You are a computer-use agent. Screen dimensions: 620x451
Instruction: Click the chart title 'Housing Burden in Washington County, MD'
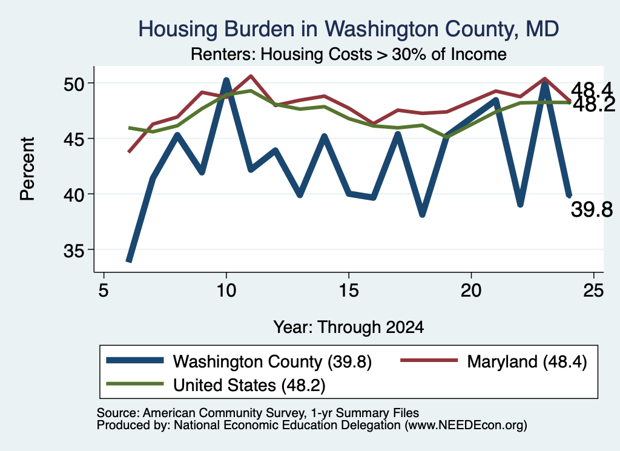pos(348,29)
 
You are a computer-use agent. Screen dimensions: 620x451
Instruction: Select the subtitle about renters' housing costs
pos(348,54)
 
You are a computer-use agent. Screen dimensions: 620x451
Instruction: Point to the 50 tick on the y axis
pos(74,84)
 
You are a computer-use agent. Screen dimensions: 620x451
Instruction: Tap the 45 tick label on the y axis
pos(74,139)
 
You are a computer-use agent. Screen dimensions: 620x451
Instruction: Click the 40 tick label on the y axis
pos(74,195)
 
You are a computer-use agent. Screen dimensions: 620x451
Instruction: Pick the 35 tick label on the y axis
pos(74,251)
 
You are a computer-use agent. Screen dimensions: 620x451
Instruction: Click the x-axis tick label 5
pos(104,291)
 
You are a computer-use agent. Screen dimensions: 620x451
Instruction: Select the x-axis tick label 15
pos(349,291)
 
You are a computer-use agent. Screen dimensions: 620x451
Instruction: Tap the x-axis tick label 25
pos(593,291)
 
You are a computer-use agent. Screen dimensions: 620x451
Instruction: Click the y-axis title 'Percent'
pos(27,169)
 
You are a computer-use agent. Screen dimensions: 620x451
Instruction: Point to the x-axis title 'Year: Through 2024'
pos(348,328)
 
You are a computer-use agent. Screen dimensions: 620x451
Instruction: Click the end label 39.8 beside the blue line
pos(592,209)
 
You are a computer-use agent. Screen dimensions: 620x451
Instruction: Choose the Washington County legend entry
pos(239,361)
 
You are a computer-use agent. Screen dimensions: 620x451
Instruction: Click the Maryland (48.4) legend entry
pos(494,361)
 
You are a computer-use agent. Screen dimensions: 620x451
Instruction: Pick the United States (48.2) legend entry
pos(216,384)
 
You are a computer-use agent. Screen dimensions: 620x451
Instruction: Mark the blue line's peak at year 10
pos(226,81)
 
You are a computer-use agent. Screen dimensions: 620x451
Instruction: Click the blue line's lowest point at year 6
pos(128,260)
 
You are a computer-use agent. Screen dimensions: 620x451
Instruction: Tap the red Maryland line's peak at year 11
pos(251,76)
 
